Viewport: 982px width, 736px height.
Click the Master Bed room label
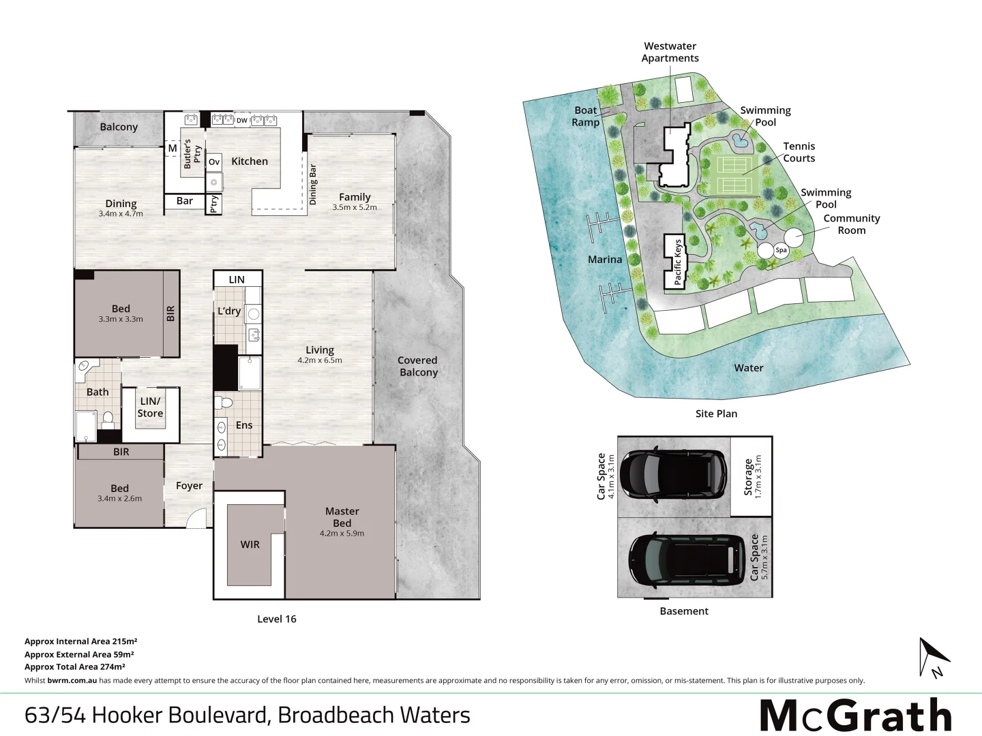coord(342,517)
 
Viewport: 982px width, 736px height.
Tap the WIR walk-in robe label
coord(250,545)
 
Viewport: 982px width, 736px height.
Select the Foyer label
coord(189,486)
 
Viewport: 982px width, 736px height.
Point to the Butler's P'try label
coord(192,153)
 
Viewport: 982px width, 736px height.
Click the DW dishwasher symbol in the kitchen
coord(241,121)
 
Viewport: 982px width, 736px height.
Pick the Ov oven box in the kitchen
coord(214,162)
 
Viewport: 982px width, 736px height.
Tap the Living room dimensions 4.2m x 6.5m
coord(319,361)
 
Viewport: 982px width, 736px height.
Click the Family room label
coord(355,197)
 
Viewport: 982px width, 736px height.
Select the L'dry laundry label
coord(229,311)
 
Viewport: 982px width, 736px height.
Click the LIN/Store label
coord(150,408)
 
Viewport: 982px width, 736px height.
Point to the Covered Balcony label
coord(418,366)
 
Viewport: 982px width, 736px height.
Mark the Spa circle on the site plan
coord(781,250)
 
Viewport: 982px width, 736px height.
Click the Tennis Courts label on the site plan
coord(799,152)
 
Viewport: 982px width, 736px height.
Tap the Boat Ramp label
coord(585,116)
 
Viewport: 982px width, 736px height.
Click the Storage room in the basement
coord(752,476)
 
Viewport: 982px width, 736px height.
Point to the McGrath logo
coord(855,716)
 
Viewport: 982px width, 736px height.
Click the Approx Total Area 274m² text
coord(75,667)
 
